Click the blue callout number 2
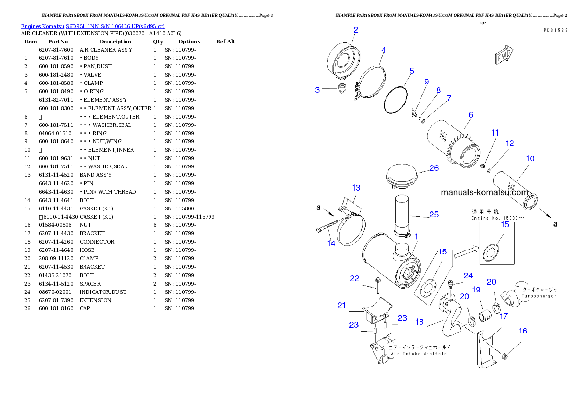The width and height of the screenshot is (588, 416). click(356, 30)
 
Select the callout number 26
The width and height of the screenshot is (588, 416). click(433, 168)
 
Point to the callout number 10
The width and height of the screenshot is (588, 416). click(530, 159)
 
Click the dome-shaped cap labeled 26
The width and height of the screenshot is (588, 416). click(401, 176)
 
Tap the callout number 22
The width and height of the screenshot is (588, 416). click(355, 279)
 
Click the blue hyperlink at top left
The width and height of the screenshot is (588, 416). click(92, 26)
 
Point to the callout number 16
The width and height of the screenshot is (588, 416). click(523, 331)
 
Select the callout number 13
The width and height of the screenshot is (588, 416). click(356, 188)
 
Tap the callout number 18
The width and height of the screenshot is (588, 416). click(419, 322)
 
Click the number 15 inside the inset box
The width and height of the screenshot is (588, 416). click(504, 224)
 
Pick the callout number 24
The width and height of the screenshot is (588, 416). click(468, 275)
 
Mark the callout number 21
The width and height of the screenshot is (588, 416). click(341, 305)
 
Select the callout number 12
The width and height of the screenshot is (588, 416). click(510, 143)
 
